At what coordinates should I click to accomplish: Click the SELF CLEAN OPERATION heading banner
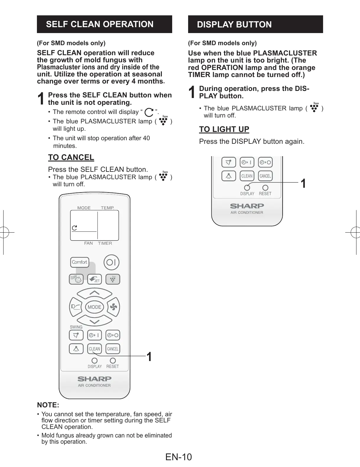click(x=104, y=24)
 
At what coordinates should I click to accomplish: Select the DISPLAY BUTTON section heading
click(x=255, y=24)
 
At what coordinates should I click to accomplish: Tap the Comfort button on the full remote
click(x=80, y=262)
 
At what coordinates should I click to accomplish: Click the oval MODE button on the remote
click(x=95, y=307)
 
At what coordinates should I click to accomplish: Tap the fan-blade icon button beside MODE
click(x=113, y=307)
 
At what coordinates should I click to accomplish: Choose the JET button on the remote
click(x=95, y=279)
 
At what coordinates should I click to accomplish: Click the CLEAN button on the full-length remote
click(x=95, y=349)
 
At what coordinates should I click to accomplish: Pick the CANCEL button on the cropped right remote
click(x=265, y=176)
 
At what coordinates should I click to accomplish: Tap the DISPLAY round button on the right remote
click(x=247, y=188)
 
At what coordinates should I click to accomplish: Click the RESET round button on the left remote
click(x=113, y=361)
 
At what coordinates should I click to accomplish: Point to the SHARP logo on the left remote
click(x=95, y=379)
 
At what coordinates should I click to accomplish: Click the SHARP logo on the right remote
click(x=247, y=206)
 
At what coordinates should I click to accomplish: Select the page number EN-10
click(x=178, y=457)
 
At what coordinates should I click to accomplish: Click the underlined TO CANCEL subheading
click(x=71, y=157)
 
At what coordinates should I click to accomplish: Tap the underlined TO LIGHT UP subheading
click(x=224, y=129)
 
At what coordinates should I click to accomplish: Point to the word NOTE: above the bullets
click(x=48, y=405)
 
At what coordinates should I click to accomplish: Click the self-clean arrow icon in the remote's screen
click(x=74, y=228)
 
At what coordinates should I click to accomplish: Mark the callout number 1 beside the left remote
click(x=149, y=357)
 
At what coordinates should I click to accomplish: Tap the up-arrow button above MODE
click(x=95, y=293)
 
